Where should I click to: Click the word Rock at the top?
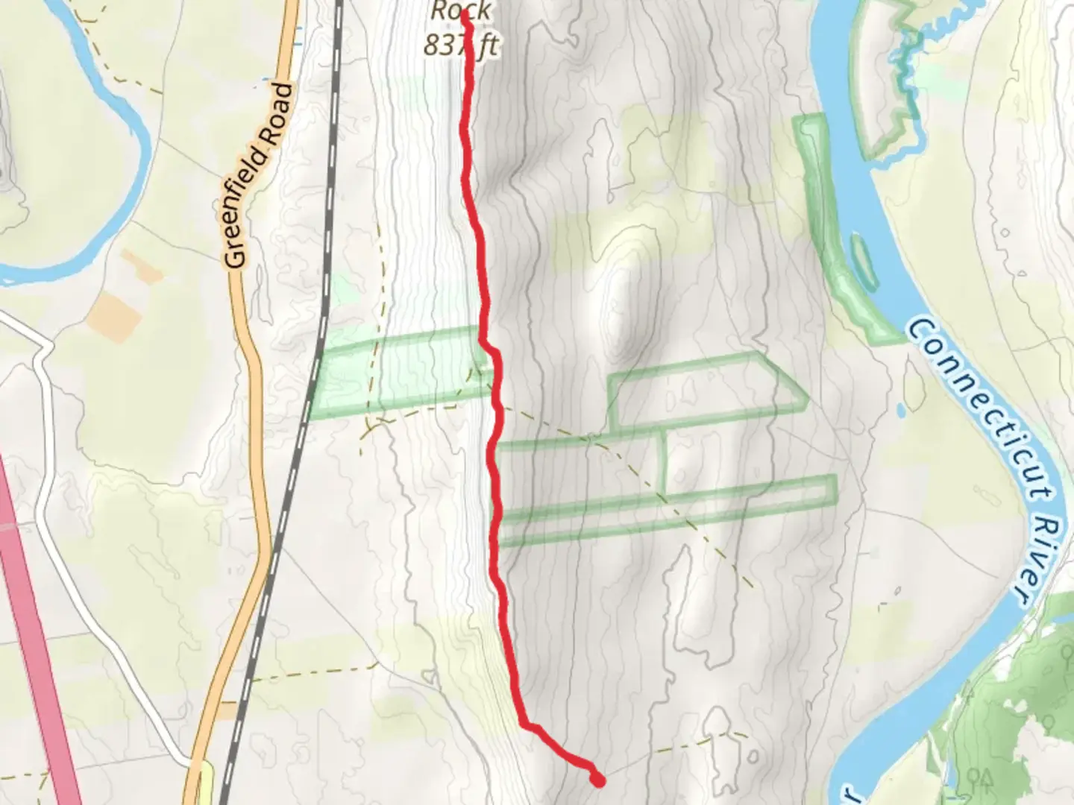(x=461, y=10)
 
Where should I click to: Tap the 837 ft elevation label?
(x=461, y=46)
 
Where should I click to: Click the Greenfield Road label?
(x=258, y=176)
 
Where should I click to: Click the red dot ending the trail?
(x=597, y=780)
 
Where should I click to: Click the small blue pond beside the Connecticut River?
(x=901, y=409)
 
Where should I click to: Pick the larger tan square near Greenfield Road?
(x=113, y=317)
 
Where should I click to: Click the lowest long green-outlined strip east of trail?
(x=664, y=511)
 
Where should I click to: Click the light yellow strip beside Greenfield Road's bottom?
(x=205, y=783)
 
